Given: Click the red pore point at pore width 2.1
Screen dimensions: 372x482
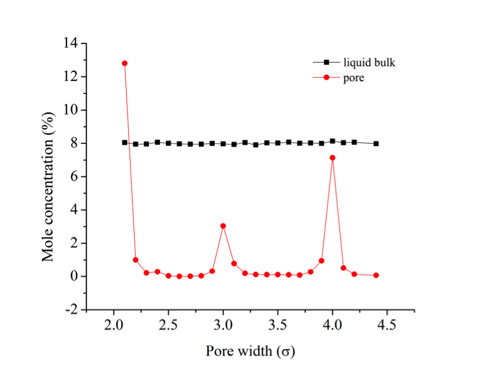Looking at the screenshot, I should click(x=124, y=63).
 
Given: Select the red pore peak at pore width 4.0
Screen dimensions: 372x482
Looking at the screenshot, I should click(x=333, y=157).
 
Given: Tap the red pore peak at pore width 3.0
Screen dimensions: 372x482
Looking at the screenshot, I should click(x=223, y=226).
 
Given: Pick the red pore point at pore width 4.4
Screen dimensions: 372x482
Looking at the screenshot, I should click(x=376, y=275).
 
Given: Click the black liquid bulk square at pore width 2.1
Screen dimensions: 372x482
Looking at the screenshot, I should click(x=124, y=142).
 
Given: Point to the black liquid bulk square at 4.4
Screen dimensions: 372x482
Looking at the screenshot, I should click(x=376, y=143).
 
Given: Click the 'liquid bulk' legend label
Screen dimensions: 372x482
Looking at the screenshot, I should click(x=369, y=63).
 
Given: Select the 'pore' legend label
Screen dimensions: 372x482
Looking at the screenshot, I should click(x=354, y=78).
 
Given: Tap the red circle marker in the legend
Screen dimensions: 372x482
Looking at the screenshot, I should click(x=327, y=78).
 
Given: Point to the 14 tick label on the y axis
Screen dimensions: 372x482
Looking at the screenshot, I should click(x=72, y=43).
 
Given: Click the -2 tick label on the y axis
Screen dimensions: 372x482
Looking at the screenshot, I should click(x=72, y=310).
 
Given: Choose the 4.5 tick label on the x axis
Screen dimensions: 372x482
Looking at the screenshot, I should click(x=387, y=325).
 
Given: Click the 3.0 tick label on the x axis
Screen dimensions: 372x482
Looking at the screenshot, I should click(x=223, y=325).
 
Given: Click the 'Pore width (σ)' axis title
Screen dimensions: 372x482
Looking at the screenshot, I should click(x=250, y=351).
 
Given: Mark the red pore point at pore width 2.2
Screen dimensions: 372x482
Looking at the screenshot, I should click(x=135, y=260).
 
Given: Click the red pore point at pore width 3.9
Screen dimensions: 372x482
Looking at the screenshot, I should click(x=321, y=260).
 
